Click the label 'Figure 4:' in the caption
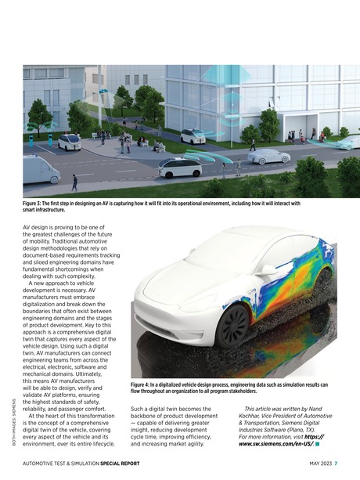(x=143, y=385)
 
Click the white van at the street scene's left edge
(x=38, y=168)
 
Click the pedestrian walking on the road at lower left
(x=74, y=182)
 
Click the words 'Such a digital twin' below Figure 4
(x=159, y=409)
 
